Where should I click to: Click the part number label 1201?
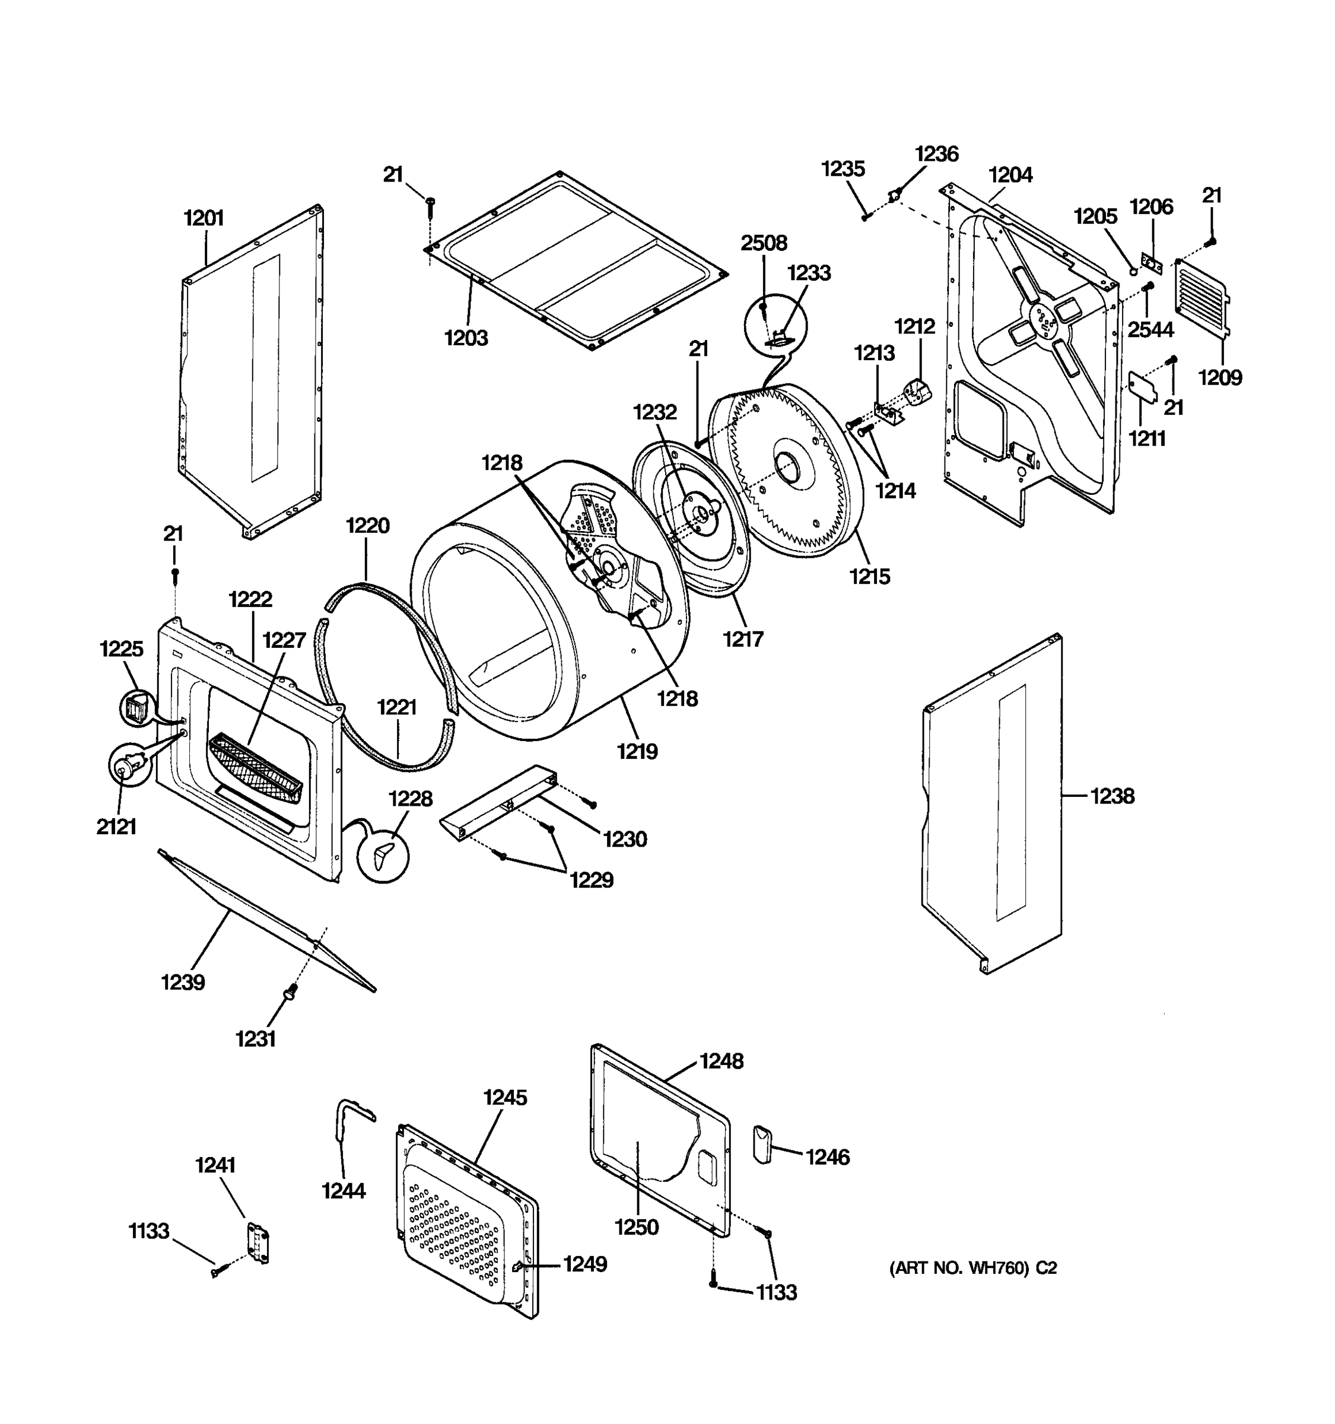pos(204,218)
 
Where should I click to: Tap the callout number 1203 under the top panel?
pos(466,338)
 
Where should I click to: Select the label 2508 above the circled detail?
pos(764,243)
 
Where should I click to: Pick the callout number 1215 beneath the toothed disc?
pos(869,576)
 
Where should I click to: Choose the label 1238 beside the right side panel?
pos(1112,796)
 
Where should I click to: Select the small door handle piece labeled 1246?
pos(762,1144)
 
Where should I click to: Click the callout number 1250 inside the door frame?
pos(637,1227)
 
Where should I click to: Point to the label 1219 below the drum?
pos(637,751)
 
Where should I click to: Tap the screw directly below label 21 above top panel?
pos(430,204)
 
